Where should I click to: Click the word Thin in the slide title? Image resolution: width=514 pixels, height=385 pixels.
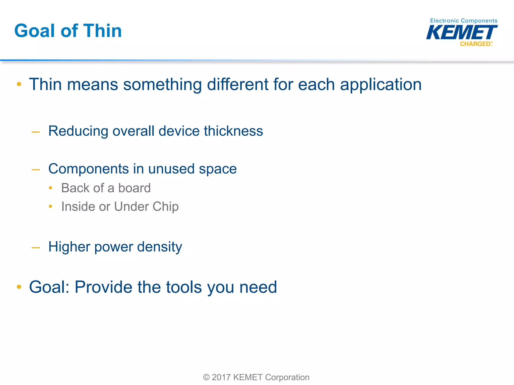[102, 31]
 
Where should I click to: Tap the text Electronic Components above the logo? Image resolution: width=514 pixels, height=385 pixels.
[464, 21]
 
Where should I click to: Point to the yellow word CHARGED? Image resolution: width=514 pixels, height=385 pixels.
[475, 44]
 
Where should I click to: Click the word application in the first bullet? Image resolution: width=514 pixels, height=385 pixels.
[381, 84]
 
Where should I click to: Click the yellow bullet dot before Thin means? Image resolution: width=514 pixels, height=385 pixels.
[19, 84]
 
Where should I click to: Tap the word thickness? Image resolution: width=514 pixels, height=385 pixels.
[233, 131]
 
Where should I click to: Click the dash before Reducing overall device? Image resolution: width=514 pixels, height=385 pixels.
[36, 132]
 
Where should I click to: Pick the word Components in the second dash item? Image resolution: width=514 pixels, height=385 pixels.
[88, 169]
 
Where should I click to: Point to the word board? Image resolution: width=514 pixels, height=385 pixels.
[134, 188]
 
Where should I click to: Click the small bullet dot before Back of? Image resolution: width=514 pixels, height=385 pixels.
[50, 188]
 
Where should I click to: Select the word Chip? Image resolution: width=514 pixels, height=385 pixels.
[165, 207]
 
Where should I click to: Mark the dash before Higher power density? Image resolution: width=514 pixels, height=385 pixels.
[36, 248]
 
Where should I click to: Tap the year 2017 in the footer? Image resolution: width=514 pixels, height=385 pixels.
[221, 377]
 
